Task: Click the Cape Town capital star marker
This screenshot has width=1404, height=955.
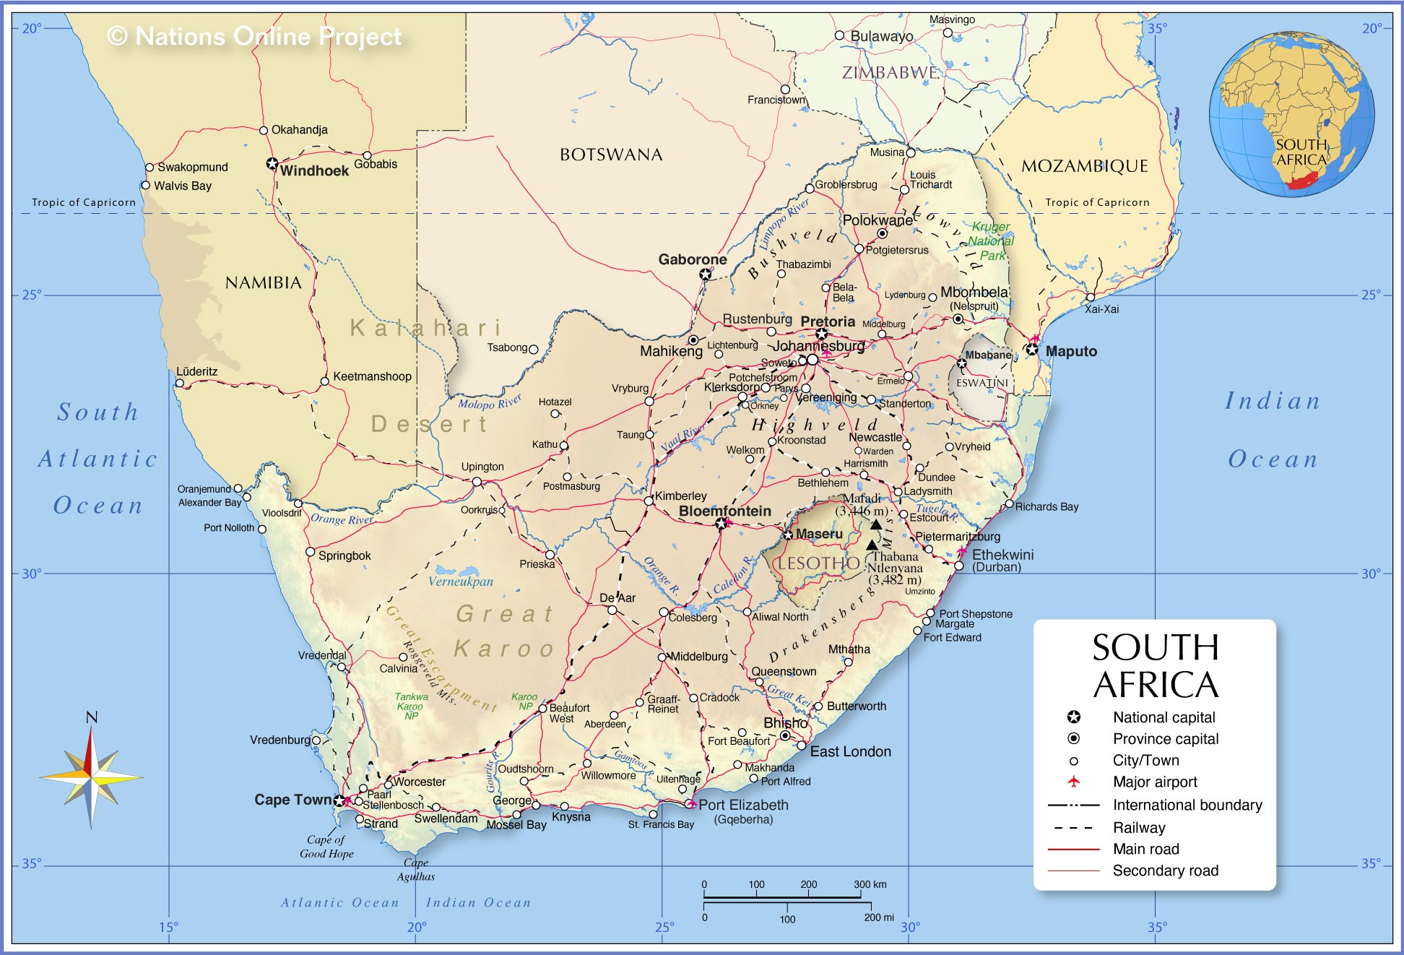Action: click(339, 800)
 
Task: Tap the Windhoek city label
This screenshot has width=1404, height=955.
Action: click(314, 171)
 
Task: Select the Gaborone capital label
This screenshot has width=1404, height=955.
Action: click(692, 259)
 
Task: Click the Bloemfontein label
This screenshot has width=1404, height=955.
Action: click(724, 511)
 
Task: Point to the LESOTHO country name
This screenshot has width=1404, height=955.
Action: click(818, 563)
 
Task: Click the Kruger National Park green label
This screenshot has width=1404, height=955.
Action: click(991, 241)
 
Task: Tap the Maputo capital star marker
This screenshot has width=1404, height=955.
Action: click(1032, 350)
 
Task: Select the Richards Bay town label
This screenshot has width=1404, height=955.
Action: click(1046, 506)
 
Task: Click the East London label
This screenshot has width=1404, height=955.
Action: click(850, 751)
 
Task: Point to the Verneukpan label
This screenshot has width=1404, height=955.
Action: click(461, 582)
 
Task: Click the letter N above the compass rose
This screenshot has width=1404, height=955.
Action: click(92, 717)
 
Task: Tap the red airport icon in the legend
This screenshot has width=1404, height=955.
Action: click(1074, 782)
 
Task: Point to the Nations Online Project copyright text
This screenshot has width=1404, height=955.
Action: click(254, 36)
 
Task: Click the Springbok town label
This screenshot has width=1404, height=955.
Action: click(344, 556)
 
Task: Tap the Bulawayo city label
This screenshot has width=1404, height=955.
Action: click(881, 36)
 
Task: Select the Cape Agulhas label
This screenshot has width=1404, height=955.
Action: click(416, 869)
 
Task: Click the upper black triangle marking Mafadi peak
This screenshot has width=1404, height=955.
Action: click(875, 524)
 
